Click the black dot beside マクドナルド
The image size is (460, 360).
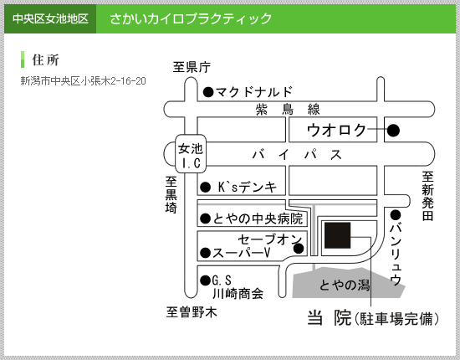pyautogui.click(x=208, y=92)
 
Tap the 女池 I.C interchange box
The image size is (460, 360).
pyautogui.click(x=191, y=153)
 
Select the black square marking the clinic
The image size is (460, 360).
pyautogui.click(x=338, y=235)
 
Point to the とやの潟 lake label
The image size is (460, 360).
pyautogui.click(x=344, y=285)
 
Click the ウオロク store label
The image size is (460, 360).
pyautogui.click(x=336, y=130)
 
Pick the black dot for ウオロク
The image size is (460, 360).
pyautogui.click(x=393, y=130)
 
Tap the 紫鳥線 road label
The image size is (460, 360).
pyautogui.click(x=288, y=110)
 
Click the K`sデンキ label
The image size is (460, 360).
pyautogui.click(x=248, y=187)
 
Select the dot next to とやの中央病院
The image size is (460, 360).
pyautogui.click(x=206, y=219)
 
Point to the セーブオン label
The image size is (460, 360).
pyautogui.click(x=269, y=239)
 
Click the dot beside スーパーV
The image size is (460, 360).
pyautogui.click(x=206, y=253)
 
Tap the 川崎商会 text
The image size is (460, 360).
pyautogui.click(x=238, y=293)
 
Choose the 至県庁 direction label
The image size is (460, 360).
pyautogui.click(x=192, y=67)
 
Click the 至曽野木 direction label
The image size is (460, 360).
pyautogui.click(x=192, y=312)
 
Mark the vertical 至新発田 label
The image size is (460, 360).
pyautogui.click(x=427, y=196)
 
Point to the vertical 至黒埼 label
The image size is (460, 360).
pyautogui.click(x=171, y=195)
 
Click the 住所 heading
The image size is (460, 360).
pyautogui.click(x=45, y=60)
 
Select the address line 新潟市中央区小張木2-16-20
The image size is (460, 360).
pyautogui.click(x=83, y=80)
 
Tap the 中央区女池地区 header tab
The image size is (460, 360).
pyautogui.click(x=50, y=18)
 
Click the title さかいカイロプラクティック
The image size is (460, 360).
pyautogui.click(x=191, y=18)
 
